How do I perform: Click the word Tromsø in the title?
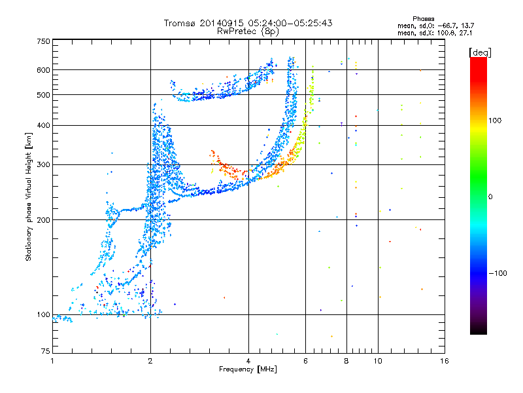pos(180,23)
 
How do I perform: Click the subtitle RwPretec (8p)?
pos(248,31)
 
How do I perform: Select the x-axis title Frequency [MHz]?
pos(248,369)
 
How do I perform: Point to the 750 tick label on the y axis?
pos(44,41)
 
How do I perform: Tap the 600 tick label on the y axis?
pos(44,70)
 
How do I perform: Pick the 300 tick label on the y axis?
pos(44,164)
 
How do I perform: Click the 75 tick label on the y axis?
pos(46,351)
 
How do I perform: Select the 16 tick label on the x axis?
pos(445,361)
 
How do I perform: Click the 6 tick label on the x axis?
pos(305,361)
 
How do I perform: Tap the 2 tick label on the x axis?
pos(150,361)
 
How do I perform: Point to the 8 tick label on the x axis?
pos(346,361)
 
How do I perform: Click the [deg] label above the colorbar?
pos(480,52)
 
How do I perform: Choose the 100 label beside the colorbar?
pos(495,121)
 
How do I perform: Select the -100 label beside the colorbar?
pos(498,273)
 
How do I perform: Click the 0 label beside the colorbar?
pos(490,196)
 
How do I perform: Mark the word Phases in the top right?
pos(423,19)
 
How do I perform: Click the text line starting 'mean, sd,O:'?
pos(435,26)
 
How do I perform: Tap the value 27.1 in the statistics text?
pos(465,33)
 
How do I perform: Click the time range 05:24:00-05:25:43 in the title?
pos(290,23)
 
